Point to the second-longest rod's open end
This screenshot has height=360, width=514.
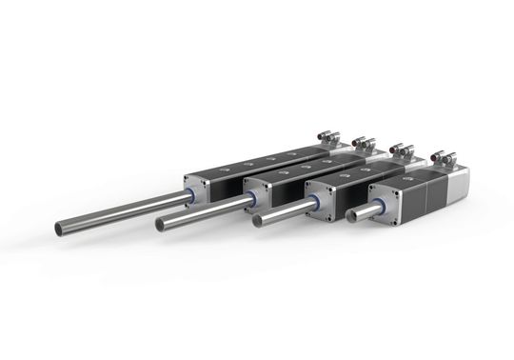(163, 224)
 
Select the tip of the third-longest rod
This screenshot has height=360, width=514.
(259, 223)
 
